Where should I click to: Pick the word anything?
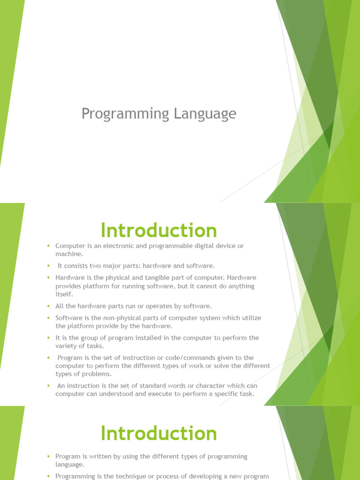239,286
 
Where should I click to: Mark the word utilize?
252,318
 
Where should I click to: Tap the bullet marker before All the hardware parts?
48,306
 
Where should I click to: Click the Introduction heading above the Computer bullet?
158,231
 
